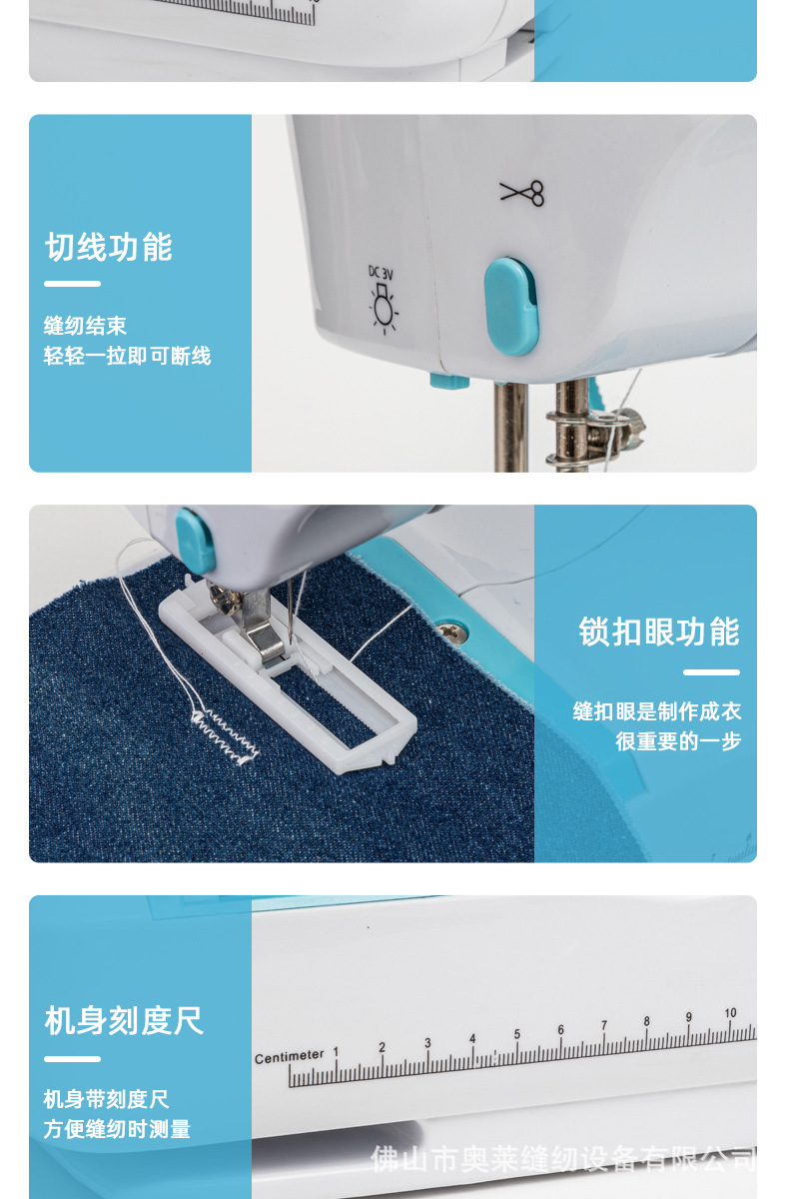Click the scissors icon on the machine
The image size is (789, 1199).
coord(522,192)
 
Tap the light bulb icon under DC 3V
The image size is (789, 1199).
coord(383,308)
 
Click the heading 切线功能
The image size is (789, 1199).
coord(109,248)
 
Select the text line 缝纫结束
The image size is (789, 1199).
coord(86,326)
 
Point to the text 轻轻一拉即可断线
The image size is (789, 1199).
coord(128,356)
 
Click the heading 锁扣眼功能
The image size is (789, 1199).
coord(659,632)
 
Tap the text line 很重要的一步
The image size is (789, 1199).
coord(678,741)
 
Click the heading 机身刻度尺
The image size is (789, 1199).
coord(125,1020)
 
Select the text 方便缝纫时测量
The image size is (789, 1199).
coord(117,1129)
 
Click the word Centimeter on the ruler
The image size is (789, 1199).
coord(290,1056)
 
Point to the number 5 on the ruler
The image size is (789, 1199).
coord(517,1034)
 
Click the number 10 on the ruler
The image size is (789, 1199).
coord(730,1013)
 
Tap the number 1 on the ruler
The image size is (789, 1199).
coord(336,1052)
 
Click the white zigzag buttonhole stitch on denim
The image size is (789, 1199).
coord(227,735)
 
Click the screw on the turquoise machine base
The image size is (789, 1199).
coord(450,630)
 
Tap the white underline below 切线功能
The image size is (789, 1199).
coord(73,284)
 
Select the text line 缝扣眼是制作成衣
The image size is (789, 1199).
coord(657,711)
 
